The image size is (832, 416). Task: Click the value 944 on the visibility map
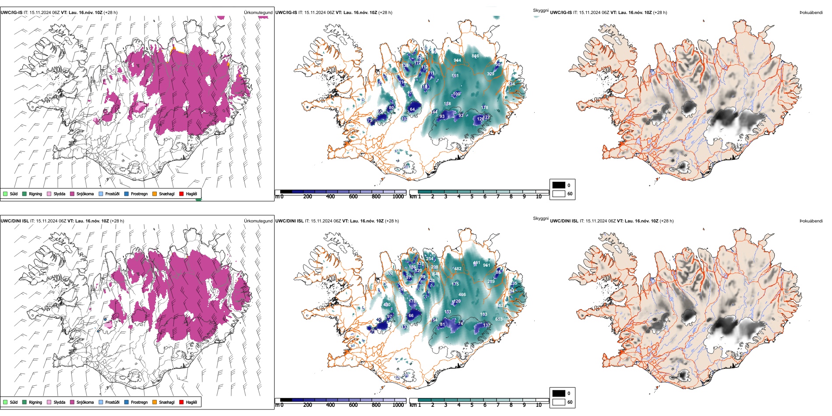click(457, 60)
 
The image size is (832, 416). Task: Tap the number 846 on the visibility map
click(475, 56)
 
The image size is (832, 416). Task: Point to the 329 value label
click(490, 74)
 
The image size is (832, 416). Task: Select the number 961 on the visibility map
click(487, 265)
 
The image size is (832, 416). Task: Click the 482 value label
click(458, 269)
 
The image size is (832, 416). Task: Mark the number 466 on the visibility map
click(462, 295)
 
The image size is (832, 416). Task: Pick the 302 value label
click(389, 273)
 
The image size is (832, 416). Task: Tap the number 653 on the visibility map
click(499, 319)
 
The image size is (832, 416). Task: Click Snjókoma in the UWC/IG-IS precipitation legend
click(85, 194)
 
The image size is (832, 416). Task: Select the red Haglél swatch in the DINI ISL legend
click(182, 402)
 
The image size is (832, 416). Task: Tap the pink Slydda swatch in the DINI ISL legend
click(49, 402)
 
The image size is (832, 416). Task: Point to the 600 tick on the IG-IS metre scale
click(353, 197)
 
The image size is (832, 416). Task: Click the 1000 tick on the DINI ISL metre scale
click(398, 405)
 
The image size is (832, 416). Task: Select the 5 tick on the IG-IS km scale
click(472, 197)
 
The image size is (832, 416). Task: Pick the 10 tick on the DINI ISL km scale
click(539, 405)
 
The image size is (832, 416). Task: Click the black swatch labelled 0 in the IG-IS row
click(559, 185)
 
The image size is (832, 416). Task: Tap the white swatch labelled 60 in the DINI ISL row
click(559, 402)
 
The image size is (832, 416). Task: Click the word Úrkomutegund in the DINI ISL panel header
click(258, 221)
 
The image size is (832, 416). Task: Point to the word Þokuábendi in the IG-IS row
click(811, 13)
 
